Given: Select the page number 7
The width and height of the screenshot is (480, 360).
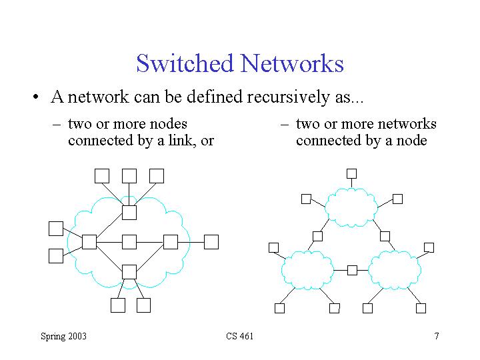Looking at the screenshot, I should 436,336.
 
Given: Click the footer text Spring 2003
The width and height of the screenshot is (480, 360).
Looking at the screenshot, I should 63,336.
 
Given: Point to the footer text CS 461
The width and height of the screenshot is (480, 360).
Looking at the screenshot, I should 240,336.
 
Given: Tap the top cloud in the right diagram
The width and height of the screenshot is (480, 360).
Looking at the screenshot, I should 351,207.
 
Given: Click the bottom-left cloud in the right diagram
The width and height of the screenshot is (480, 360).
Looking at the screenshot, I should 307,269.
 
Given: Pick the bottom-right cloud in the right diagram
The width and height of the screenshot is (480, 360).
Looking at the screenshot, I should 395,269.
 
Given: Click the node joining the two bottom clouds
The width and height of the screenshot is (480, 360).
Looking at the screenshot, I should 352,270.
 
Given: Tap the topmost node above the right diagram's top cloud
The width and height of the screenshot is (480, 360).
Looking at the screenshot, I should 351,173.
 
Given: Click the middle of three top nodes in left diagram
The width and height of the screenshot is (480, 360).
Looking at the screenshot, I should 129,175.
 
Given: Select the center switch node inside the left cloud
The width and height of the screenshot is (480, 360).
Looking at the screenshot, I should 129,241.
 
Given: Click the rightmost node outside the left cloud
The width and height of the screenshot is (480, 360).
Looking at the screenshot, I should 211,241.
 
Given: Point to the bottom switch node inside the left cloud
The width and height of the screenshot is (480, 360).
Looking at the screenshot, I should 129,271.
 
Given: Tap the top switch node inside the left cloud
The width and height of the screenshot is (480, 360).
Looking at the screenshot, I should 129,212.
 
